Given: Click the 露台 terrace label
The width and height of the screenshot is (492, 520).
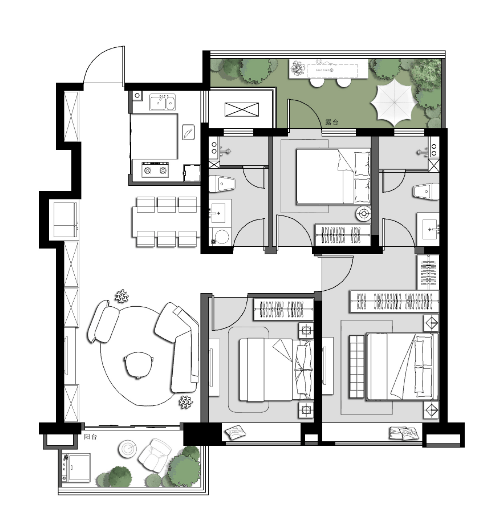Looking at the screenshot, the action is click(331, 122).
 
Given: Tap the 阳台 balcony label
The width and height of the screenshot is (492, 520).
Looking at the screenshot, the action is click(90, 437).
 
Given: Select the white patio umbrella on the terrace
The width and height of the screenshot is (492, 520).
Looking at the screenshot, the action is click(394, 101).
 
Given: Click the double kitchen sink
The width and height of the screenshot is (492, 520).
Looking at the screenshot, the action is click(163, 102).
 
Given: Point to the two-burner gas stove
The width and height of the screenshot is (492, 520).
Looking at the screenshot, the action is click(155, 170).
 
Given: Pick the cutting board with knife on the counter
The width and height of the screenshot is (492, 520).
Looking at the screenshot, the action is click(188, 132).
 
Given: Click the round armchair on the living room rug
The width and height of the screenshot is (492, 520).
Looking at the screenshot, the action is click(139, 364).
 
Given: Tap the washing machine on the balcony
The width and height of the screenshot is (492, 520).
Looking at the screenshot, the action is click(76, 468).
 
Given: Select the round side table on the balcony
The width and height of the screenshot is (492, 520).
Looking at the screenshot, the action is click(127, 448).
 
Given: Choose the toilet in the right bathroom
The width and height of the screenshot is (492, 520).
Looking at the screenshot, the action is click(426, 191).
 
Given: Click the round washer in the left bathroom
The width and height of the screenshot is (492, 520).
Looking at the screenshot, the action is click(222, 237).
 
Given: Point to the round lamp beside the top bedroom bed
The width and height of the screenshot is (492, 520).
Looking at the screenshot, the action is click(364, 214).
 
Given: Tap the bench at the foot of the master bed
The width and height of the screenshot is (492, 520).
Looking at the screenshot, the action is click(357, 367).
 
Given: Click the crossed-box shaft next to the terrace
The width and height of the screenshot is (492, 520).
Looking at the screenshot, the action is click(242, 109).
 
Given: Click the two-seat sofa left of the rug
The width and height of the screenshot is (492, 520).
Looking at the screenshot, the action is click(103, 321).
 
